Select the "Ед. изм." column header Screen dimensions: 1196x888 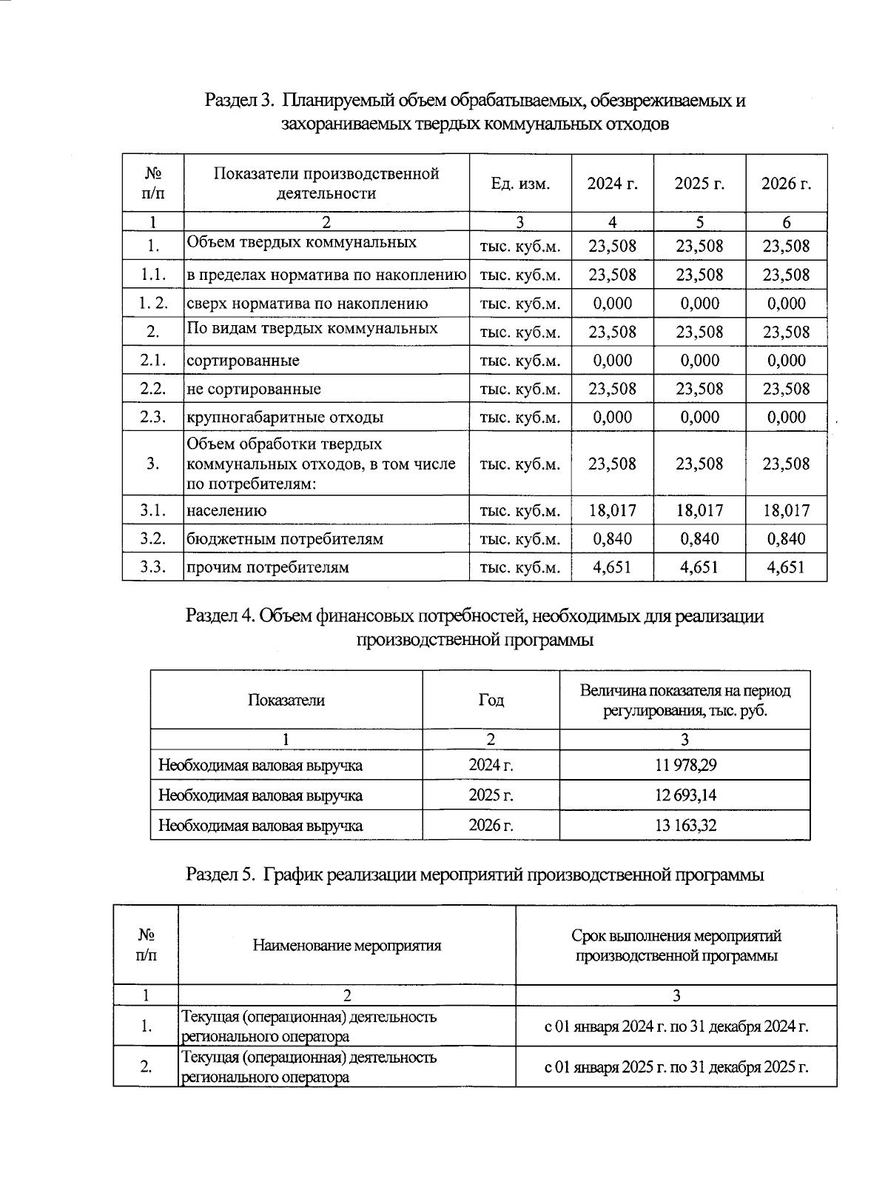[x=520, y=184]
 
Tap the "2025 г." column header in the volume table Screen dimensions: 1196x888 [x=699, y=184]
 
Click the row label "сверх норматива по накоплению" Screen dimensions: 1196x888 [x=307, y=304]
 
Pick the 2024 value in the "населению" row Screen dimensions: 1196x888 [x=612, y=510]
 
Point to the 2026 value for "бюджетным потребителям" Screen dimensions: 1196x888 [x=787, y=539]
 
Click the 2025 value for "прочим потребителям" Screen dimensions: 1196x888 [x=699, y=568]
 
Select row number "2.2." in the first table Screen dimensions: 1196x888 [x=153, y=389]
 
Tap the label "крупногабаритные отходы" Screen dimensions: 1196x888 [x=285, y=417]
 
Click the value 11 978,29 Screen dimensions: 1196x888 [x=685, y=765]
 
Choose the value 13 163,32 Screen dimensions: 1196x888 [x=685, y=825]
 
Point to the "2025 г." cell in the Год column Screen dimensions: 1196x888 [x=491, y=795]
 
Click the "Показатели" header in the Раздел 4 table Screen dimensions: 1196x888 [x=286, y=701]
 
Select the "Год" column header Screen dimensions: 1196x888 [x=491, y=701]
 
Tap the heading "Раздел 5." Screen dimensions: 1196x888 [x=220, y=875]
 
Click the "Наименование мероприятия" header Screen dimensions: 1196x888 [x=347, y=946]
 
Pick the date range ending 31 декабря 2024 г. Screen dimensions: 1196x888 [x=676, y=1027]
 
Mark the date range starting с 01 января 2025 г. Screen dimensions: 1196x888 [x=676, y=1067]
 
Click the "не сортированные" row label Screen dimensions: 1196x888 [x=254, y=389]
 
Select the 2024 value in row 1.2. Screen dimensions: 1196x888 [x=612, y=304]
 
